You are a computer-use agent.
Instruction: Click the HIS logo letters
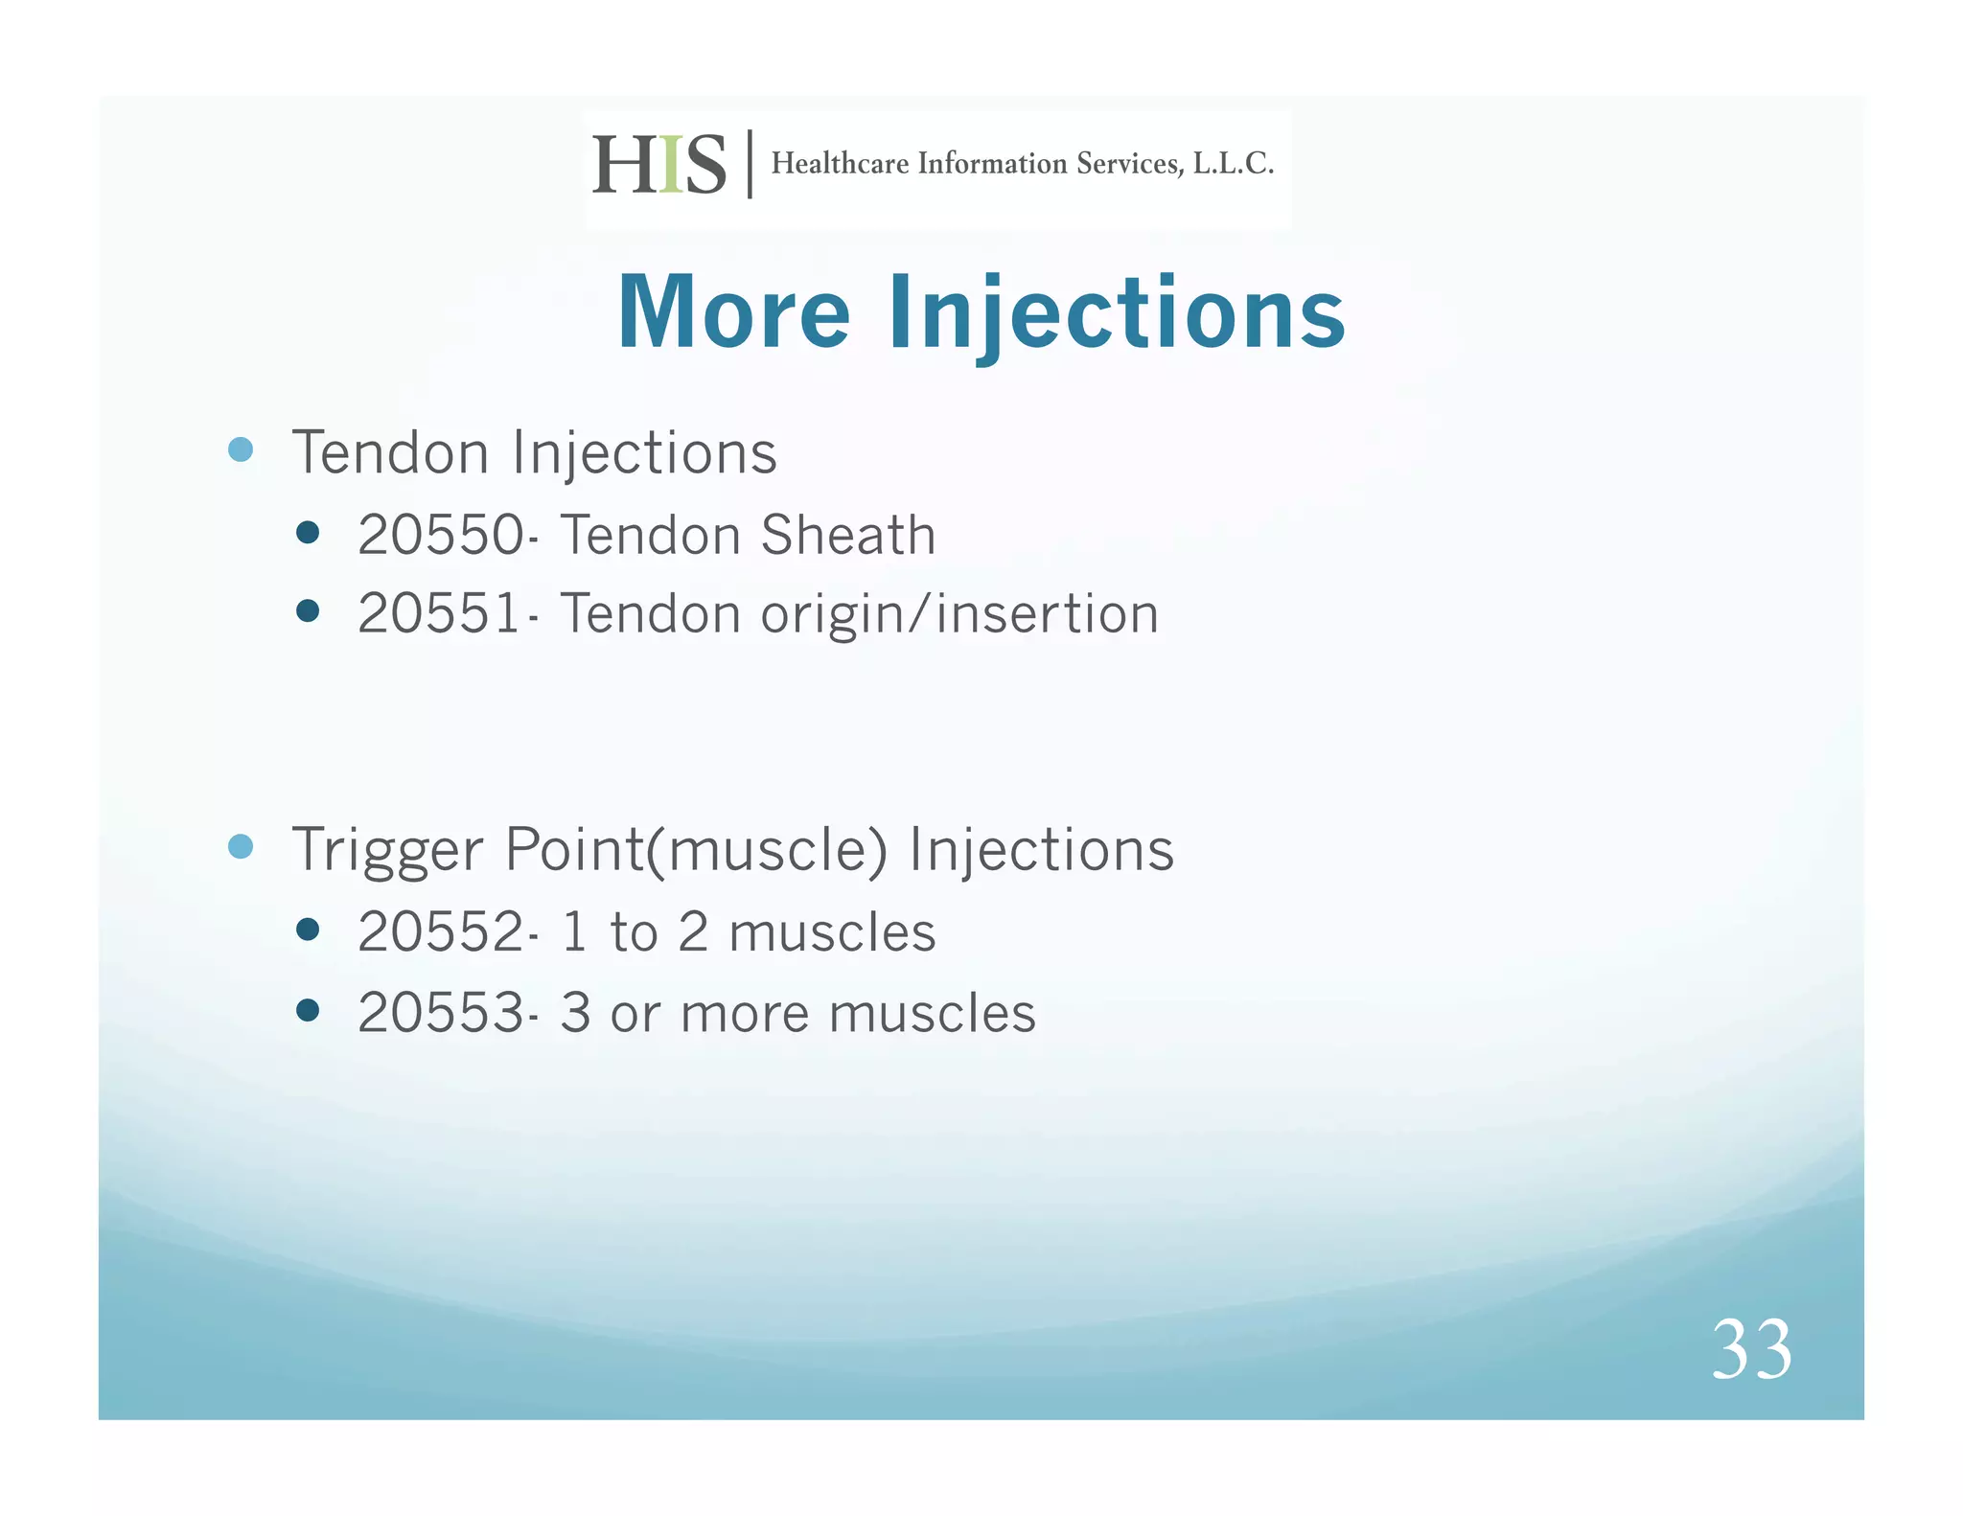pyautogui.click(x=658, y=165)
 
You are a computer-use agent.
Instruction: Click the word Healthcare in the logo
pyautogui.click(x=840, y=164)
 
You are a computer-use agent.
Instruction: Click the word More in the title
pyautogui.click(x=733, y=313)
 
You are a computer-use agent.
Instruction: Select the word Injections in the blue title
pyautogui.click(x=1117, y=313)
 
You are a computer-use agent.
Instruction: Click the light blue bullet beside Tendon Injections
pyautogui.click(x=241, y=449)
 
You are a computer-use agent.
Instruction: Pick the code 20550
pyautogui.click(x=440, y=535)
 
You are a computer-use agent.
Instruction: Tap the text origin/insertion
pyautogui.click(x=959, y=613)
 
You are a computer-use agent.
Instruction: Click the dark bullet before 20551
pyautogui.click(x=308, y=610)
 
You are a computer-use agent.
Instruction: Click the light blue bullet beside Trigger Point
pyautogui.click(x=241, y=846)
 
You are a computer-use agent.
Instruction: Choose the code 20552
pyautogui.click(x=440, y=931)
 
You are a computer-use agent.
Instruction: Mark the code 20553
pyautogui.click(x=440, y=1013)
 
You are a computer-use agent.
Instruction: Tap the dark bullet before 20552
pyautogui.click(x=308, y=929)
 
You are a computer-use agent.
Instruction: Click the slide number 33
pyautogui.click(x=1751, y=1349)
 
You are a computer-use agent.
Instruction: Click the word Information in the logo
pyautogui.click(x=992, y=164)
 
